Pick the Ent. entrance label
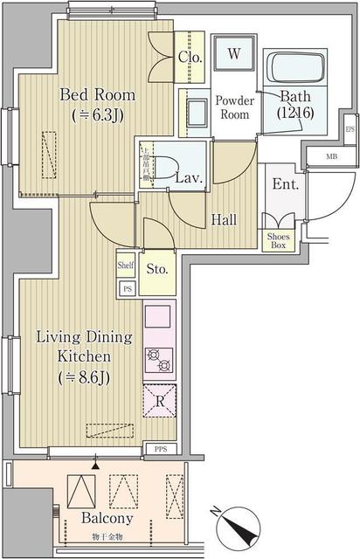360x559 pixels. pos(285,185)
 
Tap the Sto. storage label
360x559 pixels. pos(157,268)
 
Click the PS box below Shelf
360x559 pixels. pos(126,287)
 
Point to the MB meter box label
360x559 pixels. pos(329,157)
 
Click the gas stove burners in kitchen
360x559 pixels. pos(158,358)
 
